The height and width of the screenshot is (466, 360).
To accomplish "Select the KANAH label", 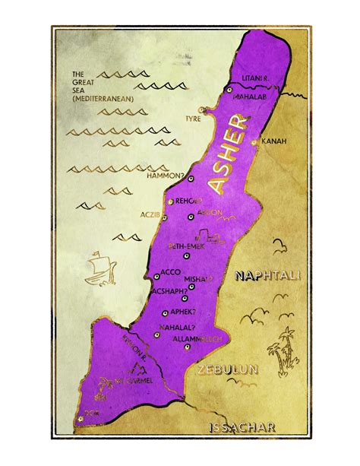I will pyautogui.click(x=273, y=141).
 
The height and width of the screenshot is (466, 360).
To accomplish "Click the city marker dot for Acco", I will pyautogui.click(x=156, y=276).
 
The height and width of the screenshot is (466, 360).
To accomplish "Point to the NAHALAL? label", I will pyautogui.click(x=176, y=326).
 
